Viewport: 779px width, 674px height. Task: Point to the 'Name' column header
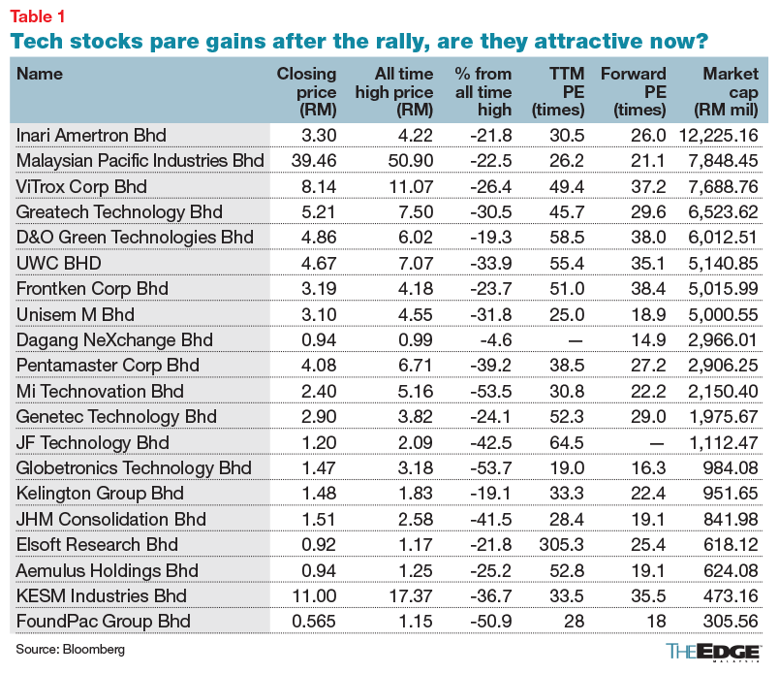click(38, 74)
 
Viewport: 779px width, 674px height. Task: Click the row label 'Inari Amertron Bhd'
click(92, 135)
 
